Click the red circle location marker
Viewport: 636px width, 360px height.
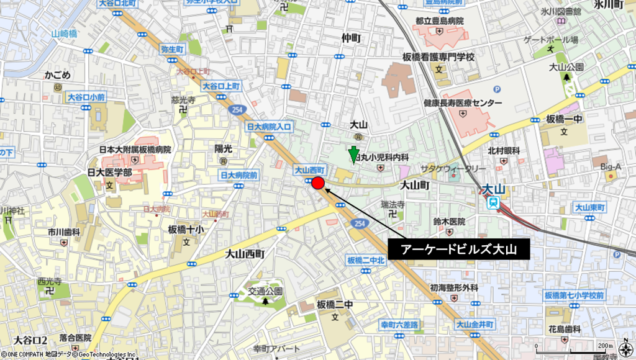click(x=317, y=182)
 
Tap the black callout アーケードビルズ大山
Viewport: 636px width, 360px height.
click(x=459, y=250)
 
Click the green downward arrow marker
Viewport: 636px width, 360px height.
click(x=353, y=155)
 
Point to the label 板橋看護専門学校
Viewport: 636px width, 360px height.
click(x=438, y=57)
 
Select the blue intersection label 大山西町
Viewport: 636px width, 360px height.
click(x=309, y=169)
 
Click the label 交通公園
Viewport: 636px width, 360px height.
click(x=266, y=290)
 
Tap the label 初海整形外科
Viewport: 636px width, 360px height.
click(x=454, y=288)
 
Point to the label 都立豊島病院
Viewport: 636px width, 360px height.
click(x=440, y=21)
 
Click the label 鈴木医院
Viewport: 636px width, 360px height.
click(x=449, y=222)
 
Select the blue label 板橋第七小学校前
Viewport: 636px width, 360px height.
click(x=574, y=295)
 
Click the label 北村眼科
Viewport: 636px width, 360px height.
click(x=504, y=150)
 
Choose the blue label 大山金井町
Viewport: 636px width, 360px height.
click(x=475, y=324)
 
